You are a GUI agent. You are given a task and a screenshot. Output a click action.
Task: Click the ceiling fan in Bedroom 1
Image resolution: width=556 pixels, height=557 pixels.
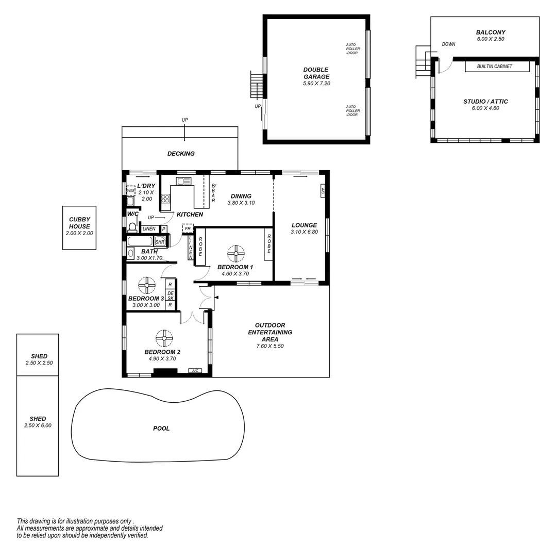(x=236, y=253)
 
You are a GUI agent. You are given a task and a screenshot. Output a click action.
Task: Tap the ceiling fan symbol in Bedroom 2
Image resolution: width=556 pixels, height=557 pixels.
(x=164, y=338)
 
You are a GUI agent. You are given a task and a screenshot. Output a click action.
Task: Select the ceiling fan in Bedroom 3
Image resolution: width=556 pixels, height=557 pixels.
(x=147, y=285)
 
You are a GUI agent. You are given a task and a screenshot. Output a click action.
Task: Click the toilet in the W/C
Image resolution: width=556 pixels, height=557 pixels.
(x=132, y=227)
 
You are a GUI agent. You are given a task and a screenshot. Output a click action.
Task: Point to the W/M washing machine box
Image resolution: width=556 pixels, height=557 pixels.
(x=130, y=191)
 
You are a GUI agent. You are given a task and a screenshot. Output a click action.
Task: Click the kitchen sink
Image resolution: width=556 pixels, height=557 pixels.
(x=183, y=181)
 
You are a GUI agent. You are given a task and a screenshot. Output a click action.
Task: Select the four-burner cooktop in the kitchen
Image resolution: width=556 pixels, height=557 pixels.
(x=165, y=199)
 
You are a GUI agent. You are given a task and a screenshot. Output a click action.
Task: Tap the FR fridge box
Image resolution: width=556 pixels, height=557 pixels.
(x=188, y=228)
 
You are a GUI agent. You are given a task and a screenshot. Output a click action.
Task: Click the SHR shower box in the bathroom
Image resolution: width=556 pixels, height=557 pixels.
(x=160, y=241)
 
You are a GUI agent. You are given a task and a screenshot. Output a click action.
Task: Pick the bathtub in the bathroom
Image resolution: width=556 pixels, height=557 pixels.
(x=140, y=241)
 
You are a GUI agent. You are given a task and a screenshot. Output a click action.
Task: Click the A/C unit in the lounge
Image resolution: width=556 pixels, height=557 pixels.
(x=323, y=190)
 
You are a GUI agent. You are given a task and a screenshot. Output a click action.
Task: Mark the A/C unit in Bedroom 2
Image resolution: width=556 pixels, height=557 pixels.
(x=195, y=371)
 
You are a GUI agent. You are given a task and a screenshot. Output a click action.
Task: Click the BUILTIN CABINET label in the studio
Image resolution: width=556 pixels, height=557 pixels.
(x=495, y=67)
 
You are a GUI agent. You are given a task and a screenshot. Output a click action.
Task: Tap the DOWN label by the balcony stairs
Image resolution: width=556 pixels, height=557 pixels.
(x=448, y=44)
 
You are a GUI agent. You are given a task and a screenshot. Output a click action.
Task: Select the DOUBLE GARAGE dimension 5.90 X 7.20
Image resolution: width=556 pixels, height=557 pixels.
(x=316, y=84)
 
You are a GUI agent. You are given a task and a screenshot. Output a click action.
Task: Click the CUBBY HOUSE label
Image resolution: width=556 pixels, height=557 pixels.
(x=79, y=223)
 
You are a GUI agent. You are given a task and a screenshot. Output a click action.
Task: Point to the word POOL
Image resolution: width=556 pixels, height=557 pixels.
(x=161, y=429)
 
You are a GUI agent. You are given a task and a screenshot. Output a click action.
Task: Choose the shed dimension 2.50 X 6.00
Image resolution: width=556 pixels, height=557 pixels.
(x=38, y=425)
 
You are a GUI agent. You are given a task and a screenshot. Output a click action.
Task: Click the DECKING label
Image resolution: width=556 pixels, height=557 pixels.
(x=181, y=154)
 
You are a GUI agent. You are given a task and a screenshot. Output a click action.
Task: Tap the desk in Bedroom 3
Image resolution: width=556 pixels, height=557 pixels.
(x=170, y=295)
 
